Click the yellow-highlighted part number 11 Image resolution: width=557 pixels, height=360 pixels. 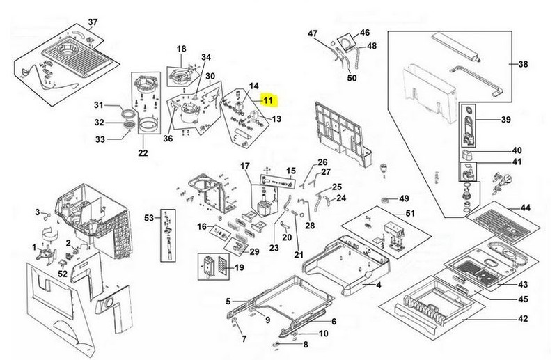(268, 100)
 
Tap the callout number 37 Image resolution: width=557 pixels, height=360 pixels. (93, 22)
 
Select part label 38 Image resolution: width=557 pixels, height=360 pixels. (523, 64)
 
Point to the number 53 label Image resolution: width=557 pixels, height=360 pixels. (149, 217)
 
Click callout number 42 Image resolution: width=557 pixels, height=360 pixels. (523, 319)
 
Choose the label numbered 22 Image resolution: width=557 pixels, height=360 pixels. (143, 153)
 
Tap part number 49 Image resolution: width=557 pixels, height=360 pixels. (404, 198)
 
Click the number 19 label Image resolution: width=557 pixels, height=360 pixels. (240, 267)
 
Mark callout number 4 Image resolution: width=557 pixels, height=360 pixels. (379, 285)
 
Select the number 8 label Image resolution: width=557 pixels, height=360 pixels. (306, 345)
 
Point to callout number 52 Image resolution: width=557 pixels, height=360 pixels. (63, 274)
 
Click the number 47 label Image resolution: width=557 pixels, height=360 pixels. (313, 33)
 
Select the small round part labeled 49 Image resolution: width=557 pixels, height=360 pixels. (384, 199)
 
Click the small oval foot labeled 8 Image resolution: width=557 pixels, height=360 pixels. (276, 344)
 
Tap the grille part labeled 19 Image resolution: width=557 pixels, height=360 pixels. (221, 266)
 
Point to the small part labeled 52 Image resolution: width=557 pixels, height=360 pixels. (62, 263)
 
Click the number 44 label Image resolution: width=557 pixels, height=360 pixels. (525, 208)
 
